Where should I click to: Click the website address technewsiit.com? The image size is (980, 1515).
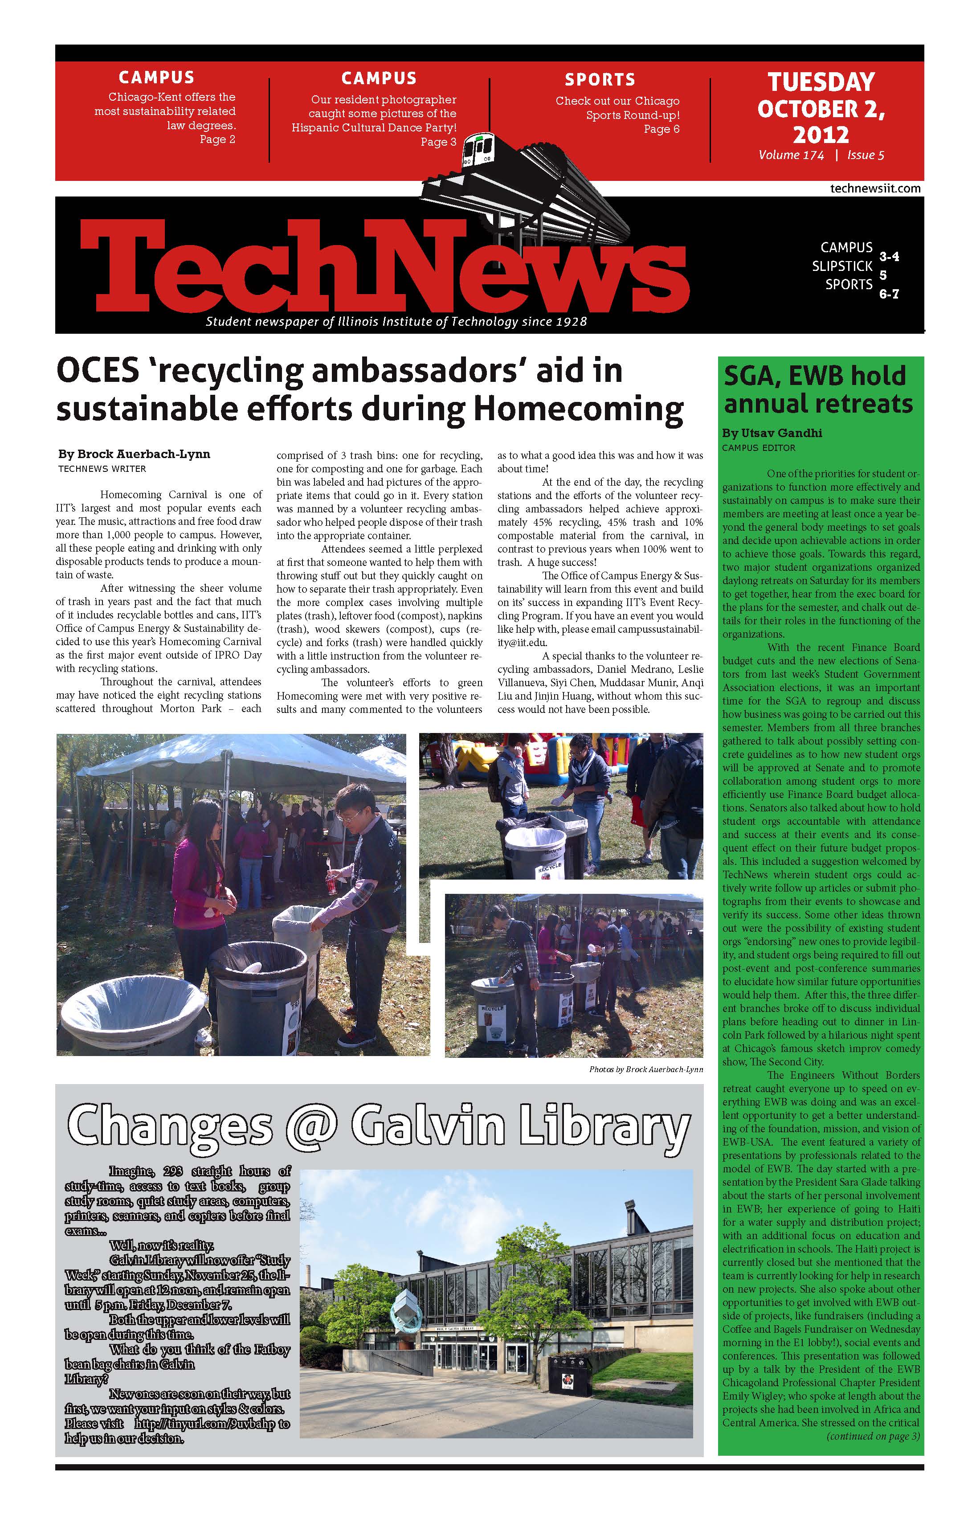coord(875,188)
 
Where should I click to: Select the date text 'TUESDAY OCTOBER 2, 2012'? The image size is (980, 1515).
coord(821,108)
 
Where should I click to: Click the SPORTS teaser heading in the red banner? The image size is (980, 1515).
coord(600,80)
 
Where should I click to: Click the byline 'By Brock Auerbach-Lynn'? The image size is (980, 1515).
coord(134,454)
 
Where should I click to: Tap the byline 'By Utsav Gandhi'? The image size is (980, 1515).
coord(772,433)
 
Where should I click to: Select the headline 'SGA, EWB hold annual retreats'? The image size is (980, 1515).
coord(818,389)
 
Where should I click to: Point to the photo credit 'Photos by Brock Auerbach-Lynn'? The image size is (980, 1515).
coord(646,1069)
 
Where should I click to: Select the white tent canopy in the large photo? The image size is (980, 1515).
coord(236,764)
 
